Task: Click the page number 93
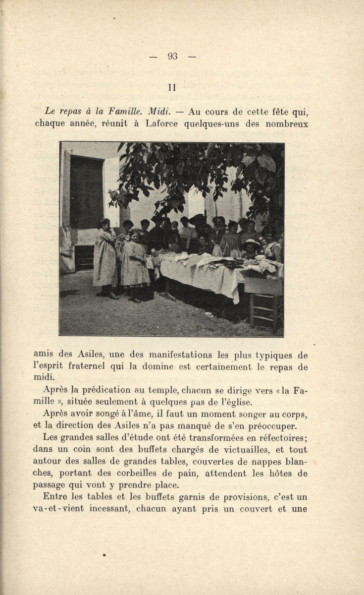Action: [172, 57]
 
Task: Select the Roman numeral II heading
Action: [172, 87]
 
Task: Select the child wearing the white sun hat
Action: [251, 248]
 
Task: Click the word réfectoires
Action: [279, 438]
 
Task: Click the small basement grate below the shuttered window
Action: [84, 258]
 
